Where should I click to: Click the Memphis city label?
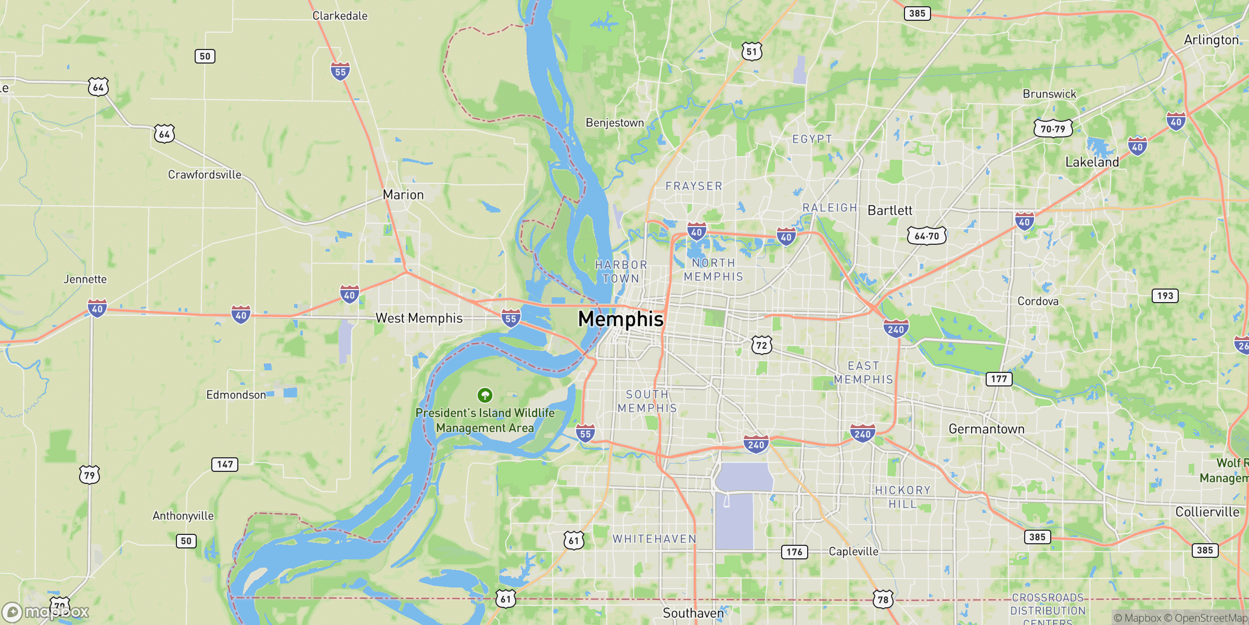coord(621,319)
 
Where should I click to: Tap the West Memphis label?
coord(419,318)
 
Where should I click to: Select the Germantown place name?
coord(986,429)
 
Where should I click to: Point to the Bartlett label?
coord(890,210)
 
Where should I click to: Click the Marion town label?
coord(403,195)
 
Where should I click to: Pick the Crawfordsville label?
coord(205,174)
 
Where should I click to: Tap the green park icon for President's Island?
coord(485,395)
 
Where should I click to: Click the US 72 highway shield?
coord(761,345)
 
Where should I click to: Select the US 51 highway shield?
coord(751,52)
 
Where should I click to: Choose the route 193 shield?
coord(1165,296)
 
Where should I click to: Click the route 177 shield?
coord(999,379)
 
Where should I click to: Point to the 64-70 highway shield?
coord(927,236)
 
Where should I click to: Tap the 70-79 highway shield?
coord(1053,129)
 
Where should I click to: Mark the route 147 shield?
coord(225,464)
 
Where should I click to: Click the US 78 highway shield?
coord(883,599)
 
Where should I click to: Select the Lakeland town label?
coord(1092,162)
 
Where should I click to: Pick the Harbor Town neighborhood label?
coord(621,271)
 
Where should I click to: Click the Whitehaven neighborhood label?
coord(654,539)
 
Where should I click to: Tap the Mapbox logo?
coord(46,611)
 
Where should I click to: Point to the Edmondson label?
coord(236,395)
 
